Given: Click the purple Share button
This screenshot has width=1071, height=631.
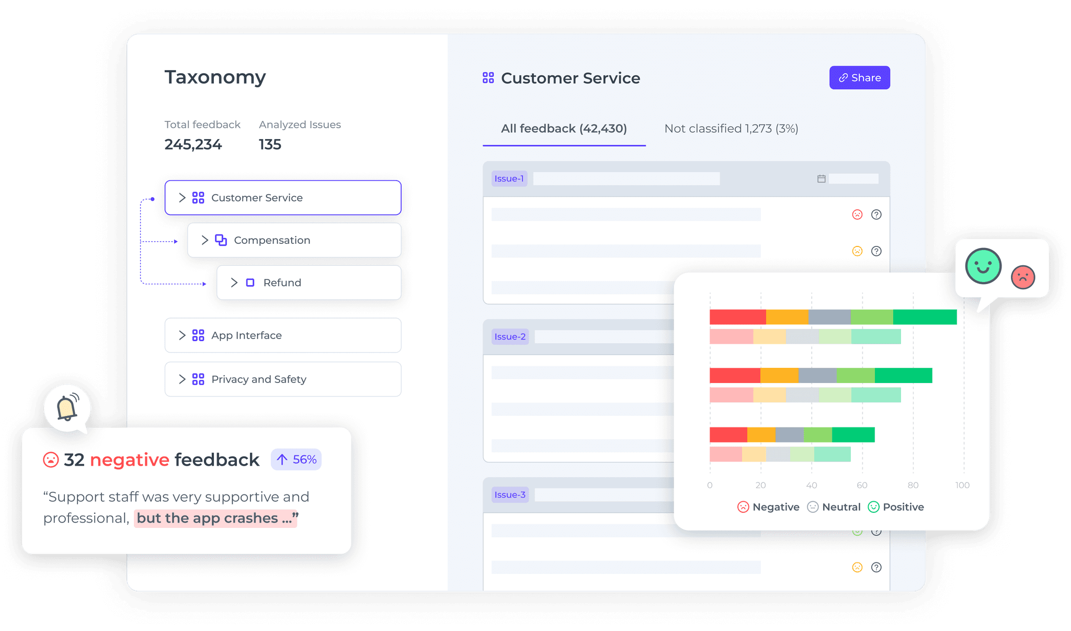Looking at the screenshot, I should coord(859,77).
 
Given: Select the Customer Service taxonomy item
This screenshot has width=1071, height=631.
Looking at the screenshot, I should coord(282,198).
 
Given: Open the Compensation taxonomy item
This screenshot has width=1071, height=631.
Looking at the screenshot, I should coord(294,240).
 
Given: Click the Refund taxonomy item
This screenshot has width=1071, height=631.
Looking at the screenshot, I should coord(309,283).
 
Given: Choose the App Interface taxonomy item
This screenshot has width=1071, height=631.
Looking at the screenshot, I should coord(282,335).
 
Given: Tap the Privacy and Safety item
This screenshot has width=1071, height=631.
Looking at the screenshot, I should coord(282,379).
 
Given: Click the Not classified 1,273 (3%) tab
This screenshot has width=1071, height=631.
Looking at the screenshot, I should coord(731,129).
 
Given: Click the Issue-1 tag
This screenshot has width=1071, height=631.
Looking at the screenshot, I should coord(509,178).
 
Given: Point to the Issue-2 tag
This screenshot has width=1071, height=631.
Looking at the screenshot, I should coord(510,336).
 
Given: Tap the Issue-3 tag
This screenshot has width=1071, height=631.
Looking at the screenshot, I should coord(510,494).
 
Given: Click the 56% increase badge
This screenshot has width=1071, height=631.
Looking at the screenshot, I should coord(296,459).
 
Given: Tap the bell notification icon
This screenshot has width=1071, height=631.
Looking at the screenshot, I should coord(67,408).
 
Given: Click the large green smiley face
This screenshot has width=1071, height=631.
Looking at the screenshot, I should coord(983,266).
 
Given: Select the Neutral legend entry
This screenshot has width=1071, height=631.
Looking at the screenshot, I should coord(834,507).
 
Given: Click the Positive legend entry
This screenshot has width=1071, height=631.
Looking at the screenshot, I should coord(896,507).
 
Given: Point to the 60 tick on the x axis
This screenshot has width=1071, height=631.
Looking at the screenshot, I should coord(862,485).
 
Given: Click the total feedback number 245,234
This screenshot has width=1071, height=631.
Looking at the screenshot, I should coord(193,144).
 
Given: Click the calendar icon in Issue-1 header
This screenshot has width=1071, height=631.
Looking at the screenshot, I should coord(821,179).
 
